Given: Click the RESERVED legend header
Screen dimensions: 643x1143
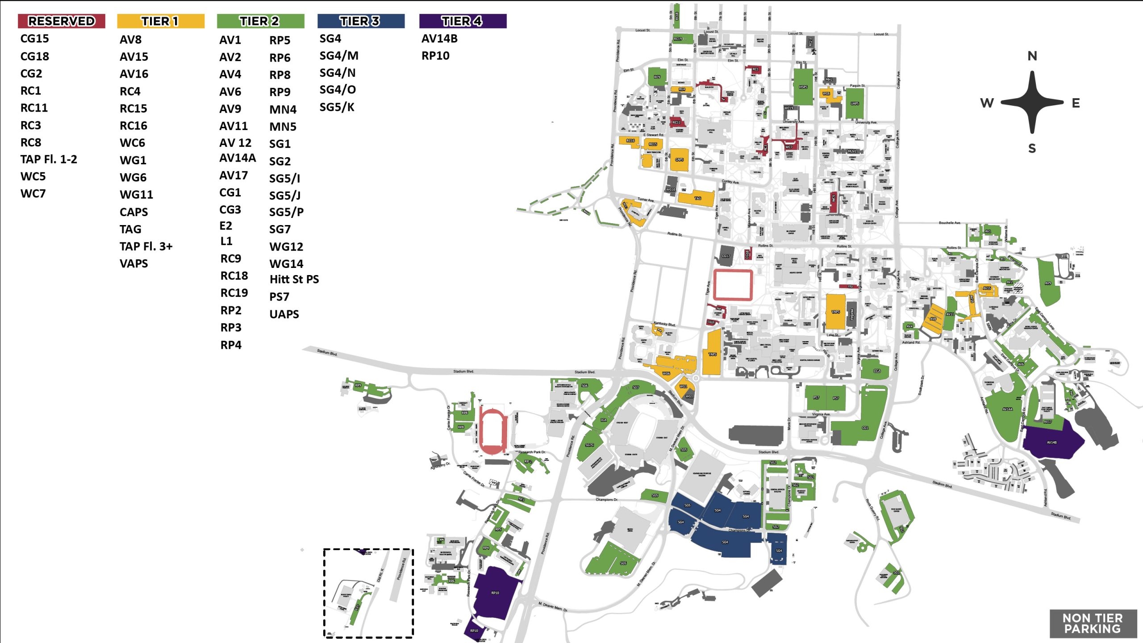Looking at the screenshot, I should (61, 21).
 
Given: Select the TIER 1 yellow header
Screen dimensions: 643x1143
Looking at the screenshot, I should (160, 21).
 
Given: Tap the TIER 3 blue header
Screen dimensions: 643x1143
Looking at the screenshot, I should (360, 21).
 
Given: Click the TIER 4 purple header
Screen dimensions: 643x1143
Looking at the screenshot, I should (462, 21).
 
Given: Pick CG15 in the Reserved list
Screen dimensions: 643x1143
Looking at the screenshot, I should (34, 39).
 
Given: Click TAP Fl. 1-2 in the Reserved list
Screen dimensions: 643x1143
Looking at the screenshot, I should (48, 159).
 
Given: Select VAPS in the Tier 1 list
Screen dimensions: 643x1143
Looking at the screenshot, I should (133, 263).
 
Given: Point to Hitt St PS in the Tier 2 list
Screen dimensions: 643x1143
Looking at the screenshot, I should (294, 280).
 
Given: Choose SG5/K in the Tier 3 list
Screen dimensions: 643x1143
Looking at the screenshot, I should (337, 107).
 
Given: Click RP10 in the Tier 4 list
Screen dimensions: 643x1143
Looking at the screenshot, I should (435, 56).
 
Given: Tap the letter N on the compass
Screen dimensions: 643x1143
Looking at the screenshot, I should (1032, 56).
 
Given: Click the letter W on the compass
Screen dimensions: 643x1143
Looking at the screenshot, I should (987, 103).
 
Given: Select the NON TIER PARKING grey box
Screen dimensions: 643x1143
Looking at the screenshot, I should (1092, 623).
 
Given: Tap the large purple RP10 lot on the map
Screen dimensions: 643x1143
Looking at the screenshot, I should (495, 593).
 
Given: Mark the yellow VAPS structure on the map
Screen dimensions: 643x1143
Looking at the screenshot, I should (835, 311).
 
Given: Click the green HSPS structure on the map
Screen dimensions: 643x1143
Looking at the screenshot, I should (803, 87).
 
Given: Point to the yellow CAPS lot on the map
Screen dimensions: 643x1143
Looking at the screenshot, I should (679, 159).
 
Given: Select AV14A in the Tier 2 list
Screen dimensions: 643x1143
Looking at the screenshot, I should (237, 158).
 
